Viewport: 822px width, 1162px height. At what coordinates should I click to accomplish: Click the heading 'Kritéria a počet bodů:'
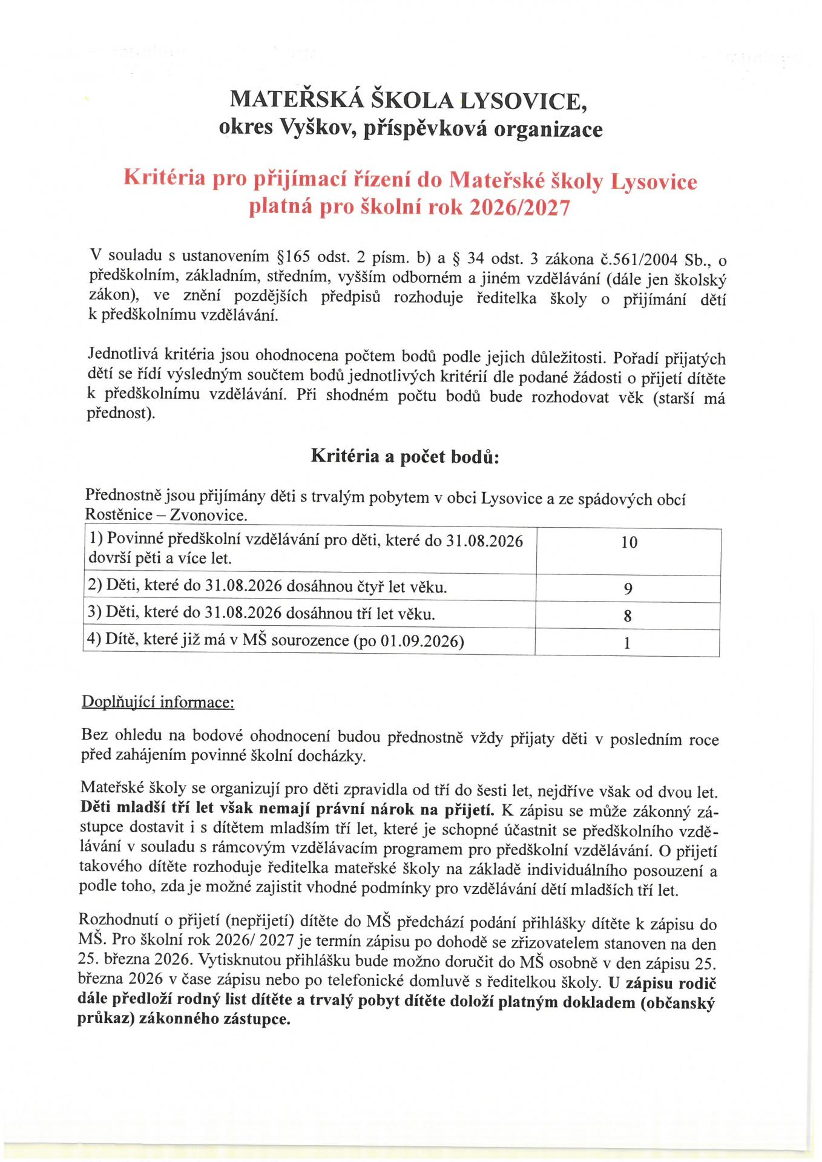point(405,456)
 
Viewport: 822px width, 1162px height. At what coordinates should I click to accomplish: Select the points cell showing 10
point(629,542)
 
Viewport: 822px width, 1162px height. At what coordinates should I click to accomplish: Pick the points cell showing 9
point(628,588)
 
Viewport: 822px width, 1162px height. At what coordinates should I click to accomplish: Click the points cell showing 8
point(628,616)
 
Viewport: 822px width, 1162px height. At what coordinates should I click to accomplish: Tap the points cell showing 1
point(628,643)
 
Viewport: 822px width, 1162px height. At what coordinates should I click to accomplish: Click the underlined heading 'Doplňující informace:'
point(158,702)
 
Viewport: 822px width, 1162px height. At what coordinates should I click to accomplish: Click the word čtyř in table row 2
point(369,586)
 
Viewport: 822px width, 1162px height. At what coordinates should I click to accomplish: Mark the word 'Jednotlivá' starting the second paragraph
point(123,353)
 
